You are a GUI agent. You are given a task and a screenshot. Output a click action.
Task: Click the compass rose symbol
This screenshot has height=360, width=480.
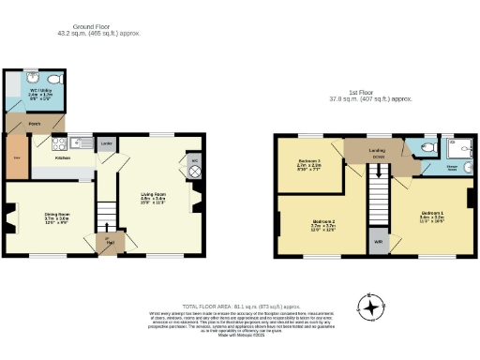[374, 307]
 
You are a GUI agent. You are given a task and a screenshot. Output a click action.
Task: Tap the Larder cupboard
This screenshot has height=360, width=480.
[107, 144]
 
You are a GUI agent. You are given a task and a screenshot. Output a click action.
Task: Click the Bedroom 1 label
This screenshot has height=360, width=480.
[431, 216]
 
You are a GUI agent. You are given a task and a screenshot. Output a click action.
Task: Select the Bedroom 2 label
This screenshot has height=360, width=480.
[323, 224]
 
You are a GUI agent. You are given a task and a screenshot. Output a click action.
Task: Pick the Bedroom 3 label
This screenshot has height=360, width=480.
[308, 163]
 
